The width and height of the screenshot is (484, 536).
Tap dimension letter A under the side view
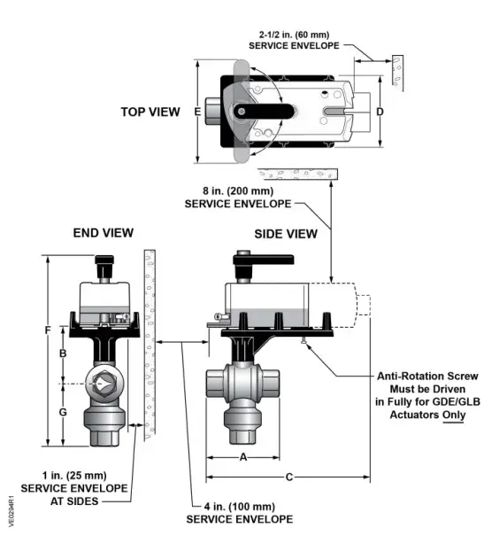(242, 457)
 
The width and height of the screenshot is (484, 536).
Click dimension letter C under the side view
(289, 478)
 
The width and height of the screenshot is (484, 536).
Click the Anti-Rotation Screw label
(418, 375)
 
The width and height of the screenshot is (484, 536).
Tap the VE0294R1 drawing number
(11, 511)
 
